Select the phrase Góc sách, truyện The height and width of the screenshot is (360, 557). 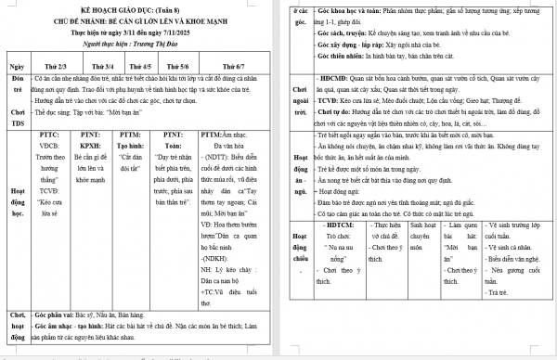[x=348, y=31]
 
